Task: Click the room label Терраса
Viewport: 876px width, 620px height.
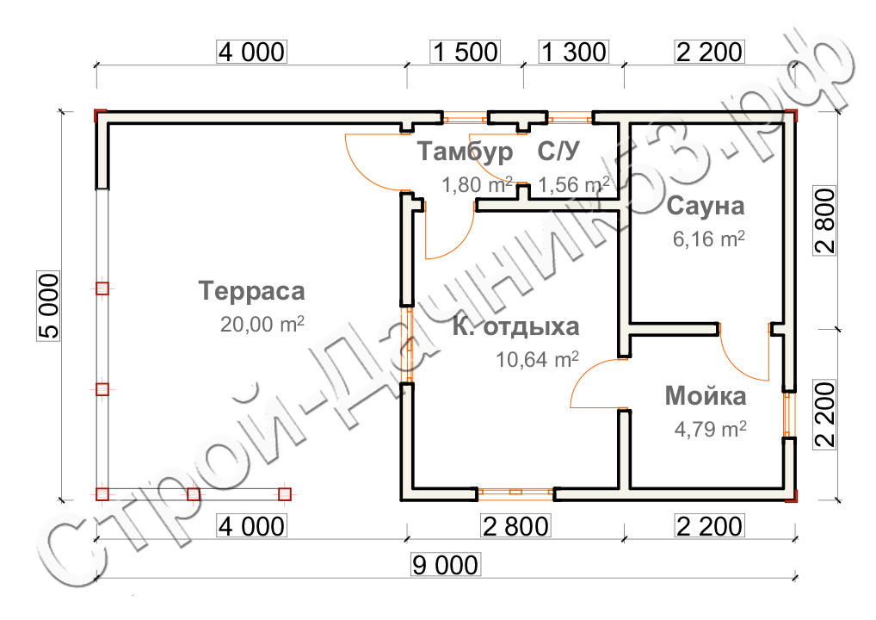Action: point(251,291)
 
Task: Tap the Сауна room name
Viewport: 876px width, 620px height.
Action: point(706,206)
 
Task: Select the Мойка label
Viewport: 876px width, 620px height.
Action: point(706,396)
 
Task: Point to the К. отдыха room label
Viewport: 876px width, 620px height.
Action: point(515,326)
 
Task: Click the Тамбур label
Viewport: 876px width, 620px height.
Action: point(465,152)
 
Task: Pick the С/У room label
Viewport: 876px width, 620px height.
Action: point(558,151)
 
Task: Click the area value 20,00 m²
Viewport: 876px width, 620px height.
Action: point(262,325)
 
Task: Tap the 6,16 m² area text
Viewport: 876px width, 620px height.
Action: point(708,239)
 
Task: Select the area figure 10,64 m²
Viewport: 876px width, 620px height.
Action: point(538,359)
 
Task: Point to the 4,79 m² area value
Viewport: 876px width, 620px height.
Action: point(710,429)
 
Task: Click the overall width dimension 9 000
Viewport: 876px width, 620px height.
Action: point(445,565)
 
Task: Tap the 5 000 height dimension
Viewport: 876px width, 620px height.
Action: point(48,306)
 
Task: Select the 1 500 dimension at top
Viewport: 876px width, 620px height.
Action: point(466,52)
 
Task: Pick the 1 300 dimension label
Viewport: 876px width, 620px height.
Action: point(574,52)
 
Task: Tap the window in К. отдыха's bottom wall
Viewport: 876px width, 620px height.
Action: point(515,493)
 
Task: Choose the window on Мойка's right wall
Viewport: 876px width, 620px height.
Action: point(789,413)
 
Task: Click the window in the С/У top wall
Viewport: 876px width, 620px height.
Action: point(570,118)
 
